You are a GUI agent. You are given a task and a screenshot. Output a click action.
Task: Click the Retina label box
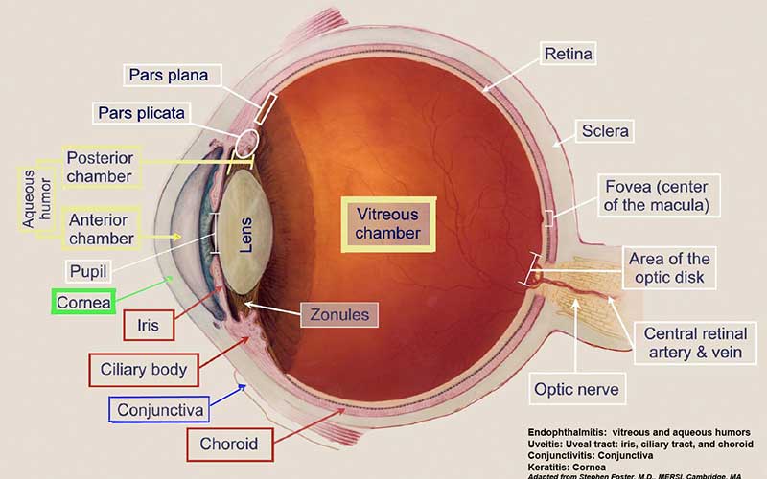[x=568, y=54]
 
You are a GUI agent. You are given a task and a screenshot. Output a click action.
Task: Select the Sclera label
[x=605, y=131]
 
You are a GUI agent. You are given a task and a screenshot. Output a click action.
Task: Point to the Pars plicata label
[x=141, y=113]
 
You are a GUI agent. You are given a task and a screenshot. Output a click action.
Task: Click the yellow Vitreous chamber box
[x=388, y=224]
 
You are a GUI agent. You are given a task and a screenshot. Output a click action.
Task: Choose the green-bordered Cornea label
[x=83, y=302]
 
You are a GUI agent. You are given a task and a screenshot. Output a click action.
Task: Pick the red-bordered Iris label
[x=149, y=325]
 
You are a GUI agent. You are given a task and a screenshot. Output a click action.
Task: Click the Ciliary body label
[x=144, y=370]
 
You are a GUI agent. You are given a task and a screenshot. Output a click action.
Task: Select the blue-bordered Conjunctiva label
[x=159, y=409]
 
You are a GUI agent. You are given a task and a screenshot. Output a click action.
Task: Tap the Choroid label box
[x=229, y=444]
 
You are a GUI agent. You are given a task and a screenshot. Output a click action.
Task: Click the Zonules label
[x=339, y=315]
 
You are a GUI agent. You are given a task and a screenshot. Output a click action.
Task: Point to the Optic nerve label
[x=577, y=389]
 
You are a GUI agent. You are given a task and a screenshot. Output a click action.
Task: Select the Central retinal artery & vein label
[x=695, y=343]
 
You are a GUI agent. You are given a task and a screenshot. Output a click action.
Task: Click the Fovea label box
[x=659, y=195]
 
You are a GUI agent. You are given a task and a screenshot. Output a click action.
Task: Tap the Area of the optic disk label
[x=669, y=268]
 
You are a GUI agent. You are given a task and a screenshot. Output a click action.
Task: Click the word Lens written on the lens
[x=246, y=235]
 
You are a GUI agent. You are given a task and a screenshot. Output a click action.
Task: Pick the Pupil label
[x=88, y=271]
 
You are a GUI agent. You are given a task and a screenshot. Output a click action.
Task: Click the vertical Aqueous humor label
[x=36, y=199]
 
